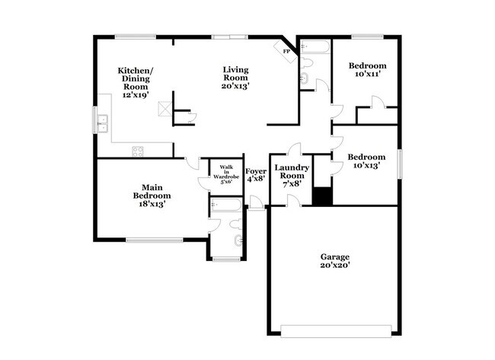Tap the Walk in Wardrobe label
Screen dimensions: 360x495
(226, 174)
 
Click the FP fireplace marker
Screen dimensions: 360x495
(288, 51)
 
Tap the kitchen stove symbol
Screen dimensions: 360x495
(138, 150)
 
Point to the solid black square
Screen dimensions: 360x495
(323, 196)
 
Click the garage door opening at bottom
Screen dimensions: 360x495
(334, 330)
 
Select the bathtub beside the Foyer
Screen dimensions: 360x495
(226, 204)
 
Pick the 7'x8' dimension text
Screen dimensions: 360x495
(291, 183)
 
